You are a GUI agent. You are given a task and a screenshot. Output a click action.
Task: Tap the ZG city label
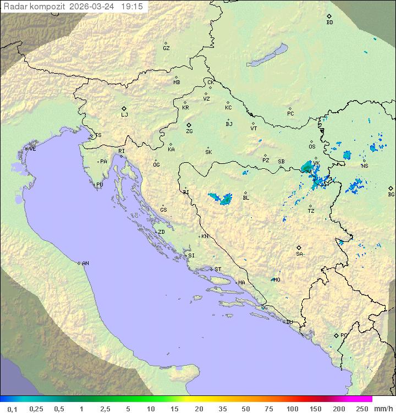point(189,132)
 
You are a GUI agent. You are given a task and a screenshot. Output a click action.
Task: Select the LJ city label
point(124,115)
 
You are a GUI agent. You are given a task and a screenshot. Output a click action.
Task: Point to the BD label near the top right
point(329,23)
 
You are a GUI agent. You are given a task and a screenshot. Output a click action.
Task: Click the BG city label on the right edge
point(391,195)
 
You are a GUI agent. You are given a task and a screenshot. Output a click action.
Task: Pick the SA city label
point(299,254)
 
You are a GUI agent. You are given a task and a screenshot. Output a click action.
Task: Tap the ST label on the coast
point(218,269)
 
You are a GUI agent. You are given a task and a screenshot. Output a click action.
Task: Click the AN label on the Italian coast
point(85,263)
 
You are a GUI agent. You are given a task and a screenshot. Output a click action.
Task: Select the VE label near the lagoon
point(32,149)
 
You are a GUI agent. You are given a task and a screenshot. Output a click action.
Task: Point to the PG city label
point(344,335)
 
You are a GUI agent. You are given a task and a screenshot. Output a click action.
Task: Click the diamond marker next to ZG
point(189,125)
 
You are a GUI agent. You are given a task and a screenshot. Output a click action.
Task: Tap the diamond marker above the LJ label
point(124,108)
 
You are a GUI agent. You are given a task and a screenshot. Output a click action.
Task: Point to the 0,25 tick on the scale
point(36,409)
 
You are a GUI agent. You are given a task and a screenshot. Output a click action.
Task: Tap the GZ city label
point(166,48)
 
